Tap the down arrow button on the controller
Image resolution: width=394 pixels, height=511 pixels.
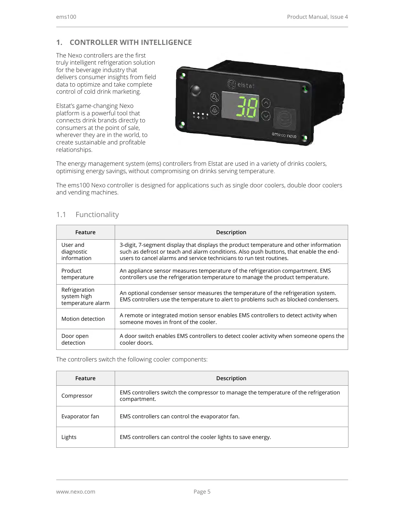[x=266, y=115]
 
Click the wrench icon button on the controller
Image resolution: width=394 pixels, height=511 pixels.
[x=215, y=97]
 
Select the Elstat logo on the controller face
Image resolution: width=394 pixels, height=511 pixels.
[x=241, y=85]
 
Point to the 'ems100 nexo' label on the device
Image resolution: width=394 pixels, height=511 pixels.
[x=284, y=135]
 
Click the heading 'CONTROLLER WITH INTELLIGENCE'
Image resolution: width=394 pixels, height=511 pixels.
[x=131, y=42]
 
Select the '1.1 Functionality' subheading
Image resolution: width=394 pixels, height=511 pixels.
[x=88, y=214]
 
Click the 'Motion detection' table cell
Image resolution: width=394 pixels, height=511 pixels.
[x=83, y=319]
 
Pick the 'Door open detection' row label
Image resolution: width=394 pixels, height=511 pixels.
[x=75, y=339]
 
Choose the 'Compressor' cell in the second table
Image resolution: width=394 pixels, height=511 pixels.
[x=77, y=396]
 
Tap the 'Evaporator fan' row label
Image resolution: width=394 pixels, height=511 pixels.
[x=80, y=416]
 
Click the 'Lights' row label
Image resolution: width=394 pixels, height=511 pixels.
[x=69, y=437]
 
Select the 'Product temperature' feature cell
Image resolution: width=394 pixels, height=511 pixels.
[x=78, y=274]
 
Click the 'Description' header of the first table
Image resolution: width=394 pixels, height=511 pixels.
[x=231, y=232]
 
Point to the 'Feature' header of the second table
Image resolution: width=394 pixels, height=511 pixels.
[x=85, y=378]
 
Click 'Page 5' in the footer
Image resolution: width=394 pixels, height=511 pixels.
[x=202, y=492]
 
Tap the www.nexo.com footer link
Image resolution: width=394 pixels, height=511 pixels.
[x=76, y=492]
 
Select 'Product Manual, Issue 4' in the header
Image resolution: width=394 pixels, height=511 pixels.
[x=317, y=17]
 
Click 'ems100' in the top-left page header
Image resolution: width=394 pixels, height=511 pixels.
[x=66, y=17]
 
